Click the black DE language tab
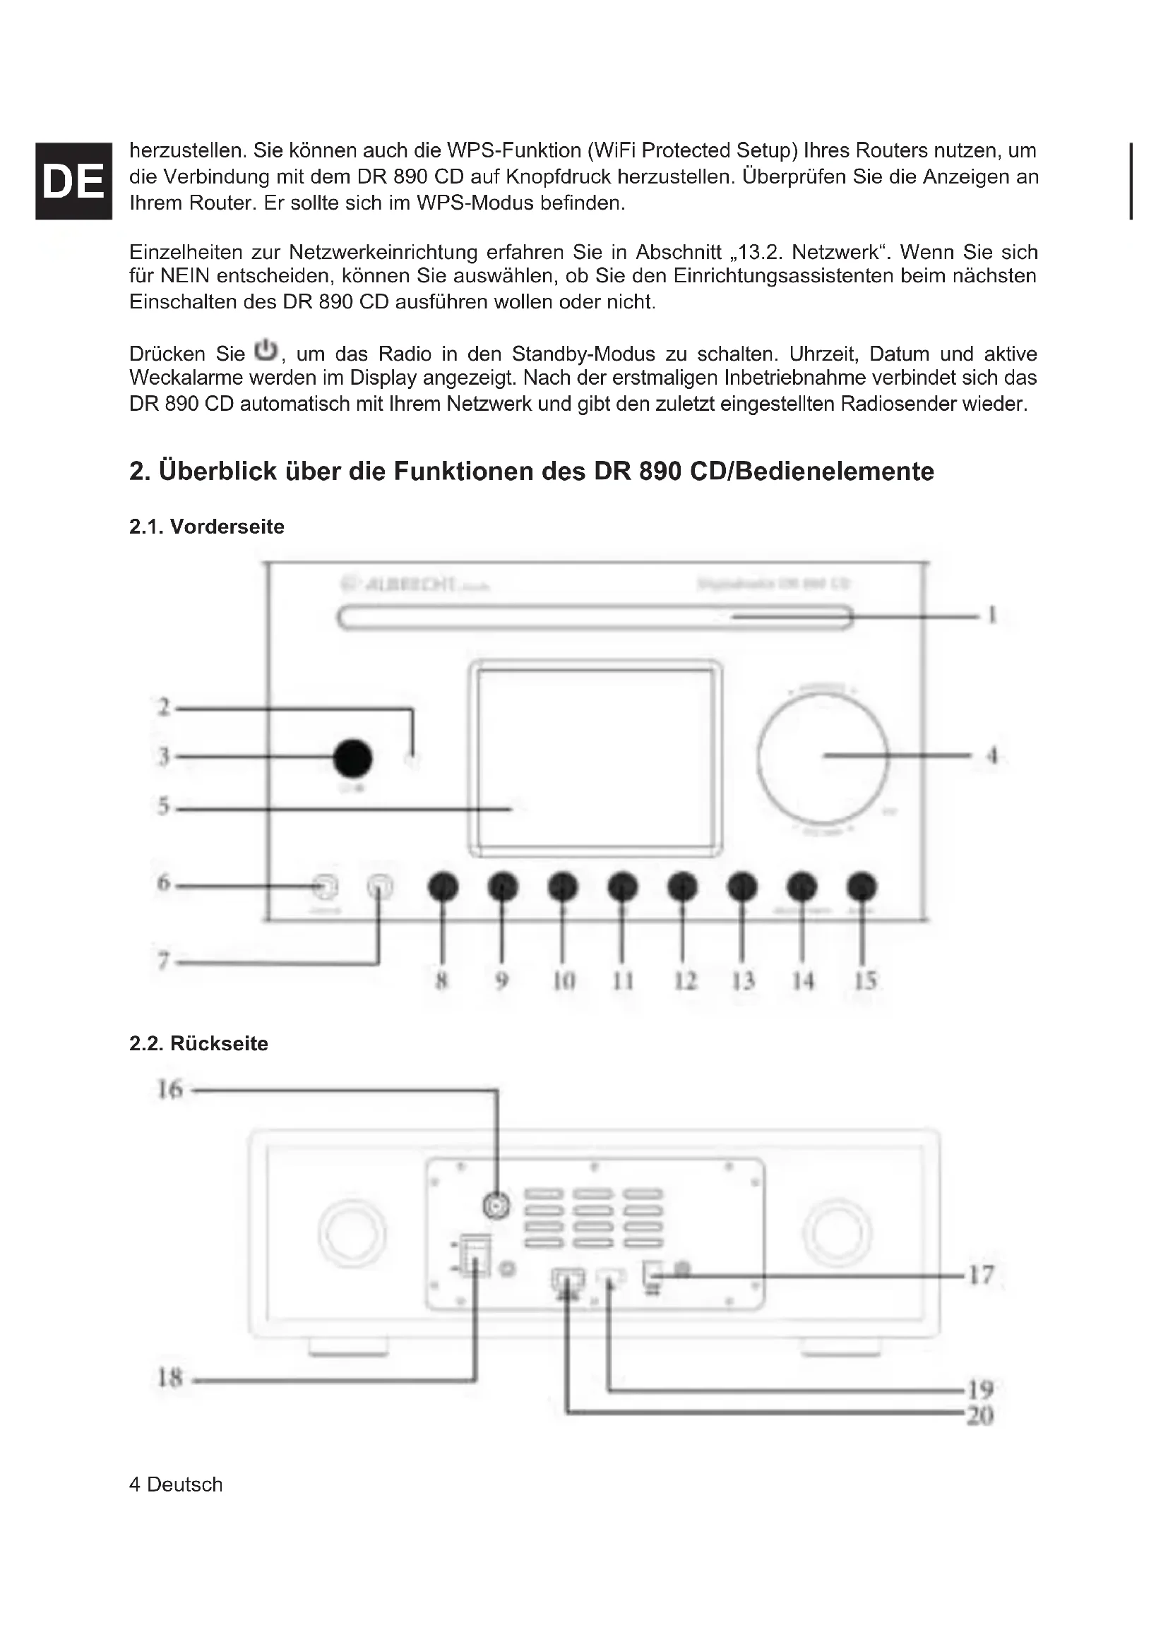click(73, 181)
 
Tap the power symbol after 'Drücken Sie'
click(266, 349)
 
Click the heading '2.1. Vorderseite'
click(206, 527)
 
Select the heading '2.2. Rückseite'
click(198, 1043)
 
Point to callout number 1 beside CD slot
click(992, 616)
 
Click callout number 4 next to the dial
click(992, 756)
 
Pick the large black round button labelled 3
click(352, 758)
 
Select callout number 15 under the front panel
click(865, 980)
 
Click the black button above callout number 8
click(443, 887)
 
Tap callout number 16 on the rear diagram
click(170, 1089)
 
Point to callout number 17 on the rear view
click(981, 1275)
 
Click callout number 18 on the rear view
click(170, 1378)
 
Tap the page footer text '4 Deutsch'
click(176, 1484)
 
